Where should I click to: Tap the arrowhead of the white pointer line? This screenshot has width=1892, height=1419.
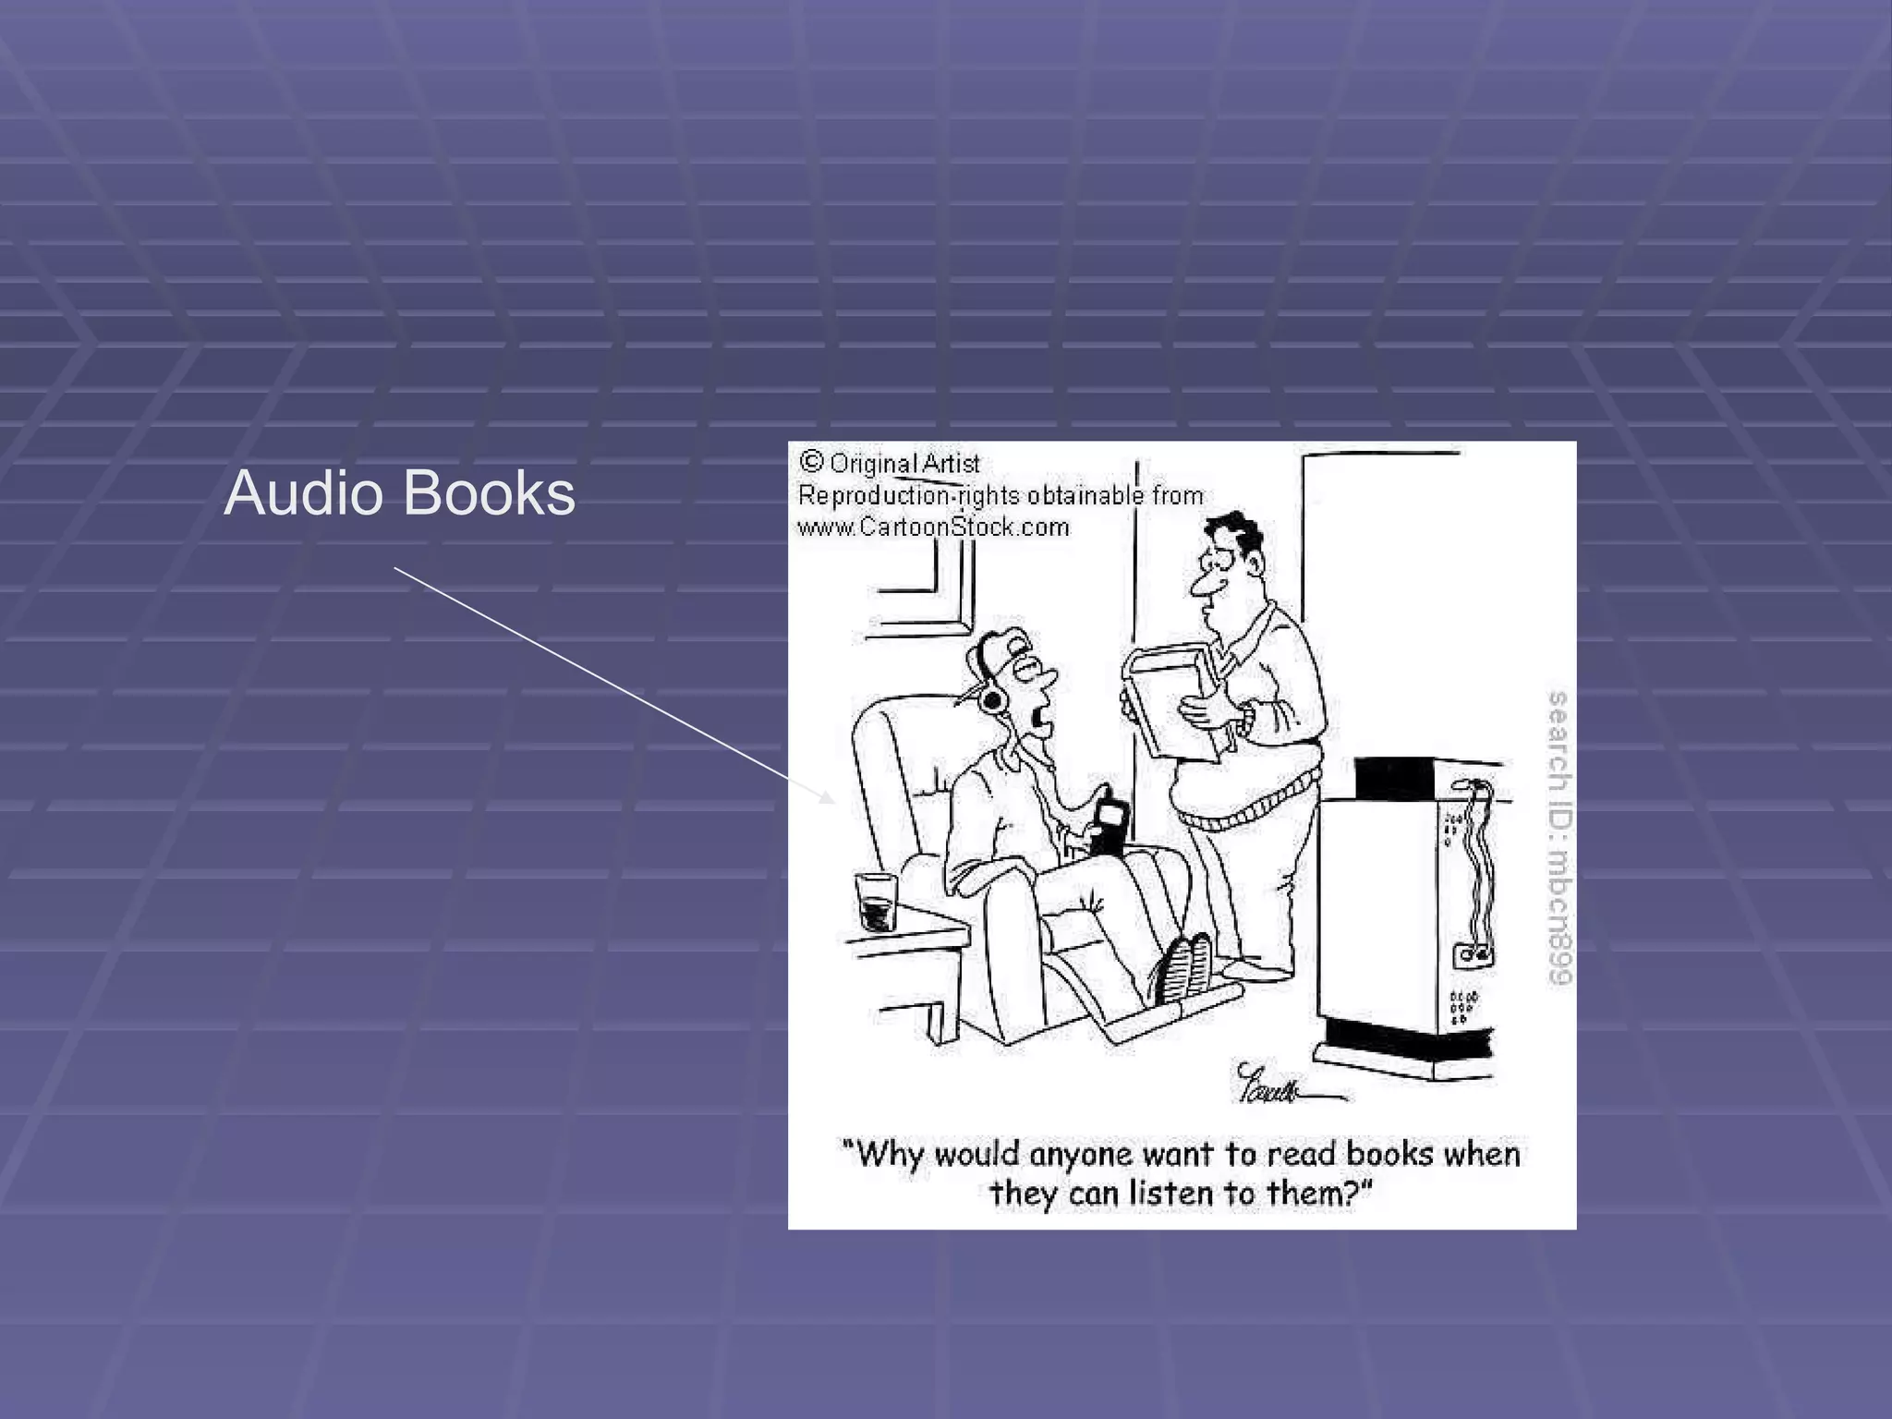[827, 796]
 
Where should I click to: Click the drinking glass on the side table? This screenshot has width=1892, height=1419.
[876, 902]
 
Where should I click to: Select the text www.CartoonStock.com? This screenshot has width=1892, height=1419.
[933, 528]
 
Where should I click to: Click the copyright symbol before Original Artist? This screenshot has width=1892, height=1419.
[811, 461]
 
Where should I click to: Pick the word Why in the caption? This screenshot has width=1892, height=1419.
[891, 1154]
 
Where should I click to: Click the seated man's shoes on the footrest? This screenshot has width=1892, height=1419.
[1184, 967]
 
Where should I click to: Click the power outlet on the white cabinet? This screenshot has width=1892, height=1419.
[1472, 955]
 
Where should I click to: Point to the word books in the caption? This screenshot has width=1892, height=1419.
[1389, 1154]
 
